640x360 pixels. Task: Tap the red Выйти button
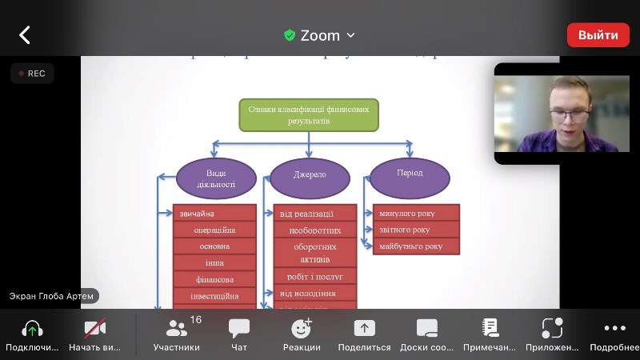pos(598,35)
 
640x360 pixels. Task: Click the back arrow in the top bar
pos(25,35)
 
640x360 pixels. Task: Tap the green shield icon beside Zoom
pos(290,35)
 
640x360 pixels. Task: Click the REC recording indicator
pos(32,74)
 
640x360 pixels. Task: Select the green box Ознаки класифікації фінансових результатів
pos(309,115)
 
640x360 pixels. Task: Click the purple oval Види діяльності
pos(215,178)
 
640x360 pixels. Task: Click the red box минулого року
pos(416,213)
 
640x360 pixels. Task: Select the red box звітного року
pos(416,230)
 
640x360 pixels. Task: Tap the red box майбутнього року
pos(416,246)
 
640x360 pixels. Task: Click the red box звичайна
pos(214,213)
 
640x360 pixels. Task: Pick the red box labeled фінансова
pos(214,279)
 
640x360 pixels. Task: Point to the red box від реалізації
pos(315,213)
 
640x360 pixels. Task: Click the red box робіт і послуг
pos(315,277)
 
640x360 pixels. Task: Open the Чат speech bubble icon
pos(239,329)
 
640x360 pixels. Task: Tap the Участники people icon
pos(177,329)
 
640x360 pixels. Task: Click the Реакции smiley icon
pos(302,329)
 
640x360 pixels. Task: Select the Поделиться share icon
pos(364,329)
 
